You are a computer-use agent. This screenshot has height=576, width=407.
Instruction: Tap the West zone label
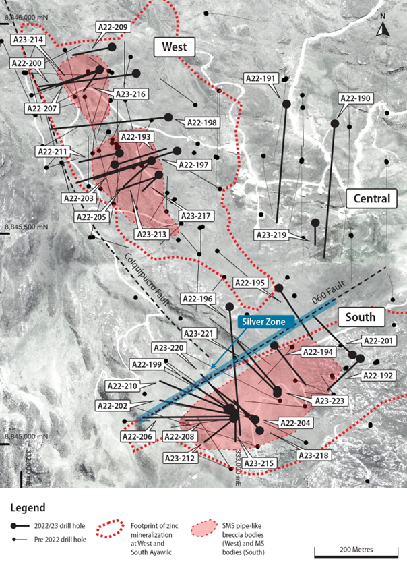[x=174, y=47]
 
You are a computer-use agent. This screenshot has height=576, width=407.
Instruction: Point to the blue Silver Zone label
[x=266, y=322]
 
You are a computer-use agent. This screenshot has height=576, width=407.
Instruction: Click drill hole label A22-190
[x=355, y=98]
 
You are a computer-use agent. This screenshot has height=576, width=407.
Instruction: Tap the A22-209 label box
[x=113, y=27]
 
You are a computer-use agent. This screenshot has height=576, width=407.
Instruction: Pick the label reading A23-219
[x=271, y=235]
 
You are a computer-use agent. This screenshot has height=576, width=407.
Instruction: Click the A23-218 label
[x=315, y=456]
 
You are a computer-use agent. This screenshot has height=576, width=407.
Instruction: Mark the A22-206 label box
[x=139, y=436]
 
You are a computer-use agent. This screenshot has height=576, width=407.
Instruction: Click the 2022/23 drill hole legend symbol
[x=22, y=527]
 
